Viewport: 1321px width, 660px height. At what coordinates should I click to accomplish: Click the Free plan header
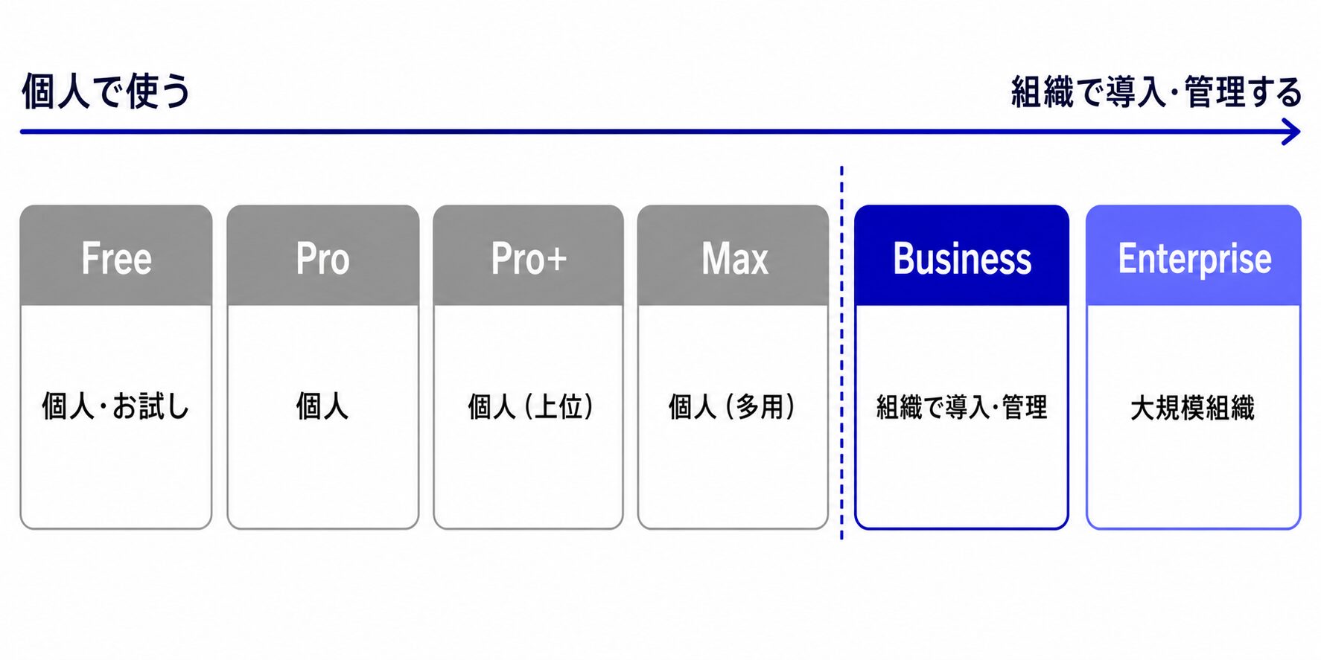click(x=116, y=255)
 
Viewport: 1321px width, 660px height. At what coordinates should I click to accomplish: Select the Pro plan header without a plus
click(x=323, y=255)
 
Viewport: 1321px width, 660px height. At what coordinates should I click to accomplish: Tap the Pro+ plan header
click(x=529, y=255)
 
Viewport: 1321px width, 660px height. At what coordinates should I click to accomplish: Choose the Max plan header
click(x=733, y=255)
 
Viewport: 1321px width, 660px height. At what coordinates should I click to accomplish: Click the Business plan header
click(x=962, y=255)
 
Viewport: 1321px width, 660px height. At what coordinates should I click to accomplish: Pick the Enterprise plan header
click(x=1194, y=255)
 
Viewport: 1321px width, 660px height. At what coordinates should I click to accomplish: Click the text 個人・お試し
click(x=116, y=407)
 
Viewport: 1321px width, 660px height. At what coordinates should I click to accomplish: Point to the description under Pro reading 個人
click(x=322, y=407)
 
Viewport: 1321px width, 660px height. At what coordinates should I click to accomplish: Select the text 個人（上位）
click(x=530, y=407)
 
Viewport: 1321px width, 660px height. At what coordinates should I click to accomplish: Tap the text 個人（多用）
click(x=732, y=407)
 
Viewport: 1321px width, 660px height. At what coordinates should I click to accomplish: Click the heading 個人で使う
click(x=106, y=91)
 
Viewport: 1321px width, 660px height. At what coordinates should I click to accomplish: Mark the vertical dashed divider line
click(x=841, y=353)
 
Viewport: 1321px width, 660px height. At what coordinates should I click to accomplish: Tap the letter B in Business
click(x=904, y=258)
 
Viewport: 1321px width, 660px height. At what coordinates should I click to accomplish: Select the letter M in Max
click(x=715, y=259)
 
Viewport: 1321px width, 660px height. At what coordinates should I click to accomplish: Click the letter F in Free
click(x=90, y=258)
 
